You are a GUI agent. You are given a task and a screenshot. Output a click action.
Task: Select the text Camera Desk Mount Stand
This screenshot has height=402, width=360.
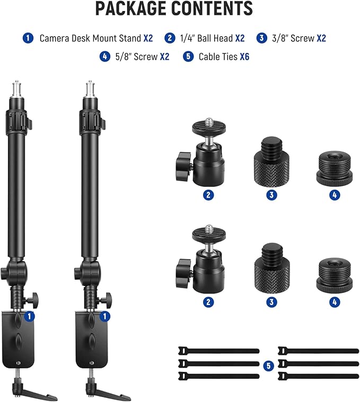point(90,39)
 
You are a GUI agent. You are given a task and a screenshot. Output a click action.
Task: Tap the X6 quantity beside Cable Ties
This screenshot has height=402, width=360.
point(244,56)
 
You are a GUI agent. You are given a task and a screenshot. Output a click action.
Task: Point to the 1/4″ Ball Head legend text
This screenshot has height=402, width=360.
point(204,39)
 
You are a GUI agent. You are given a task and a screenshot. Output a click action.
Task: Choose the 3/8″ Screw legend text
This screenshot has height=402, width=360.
point(292,39)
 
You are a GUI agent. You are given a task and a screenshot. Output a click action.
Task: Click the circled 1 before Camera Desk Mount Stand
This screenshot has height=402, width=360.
point(28,39)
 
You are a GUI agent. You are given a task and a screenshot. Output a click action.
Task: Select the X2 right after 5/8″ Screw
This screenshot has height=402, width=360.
point(164,56)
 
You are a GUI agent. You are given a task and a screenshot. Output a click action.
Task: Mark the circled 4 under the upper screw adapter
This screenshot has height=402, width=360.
point(334,195)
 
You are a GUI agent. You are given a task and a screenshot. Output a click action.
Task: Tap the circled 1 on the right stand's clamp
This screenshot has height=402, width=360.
point(106,316)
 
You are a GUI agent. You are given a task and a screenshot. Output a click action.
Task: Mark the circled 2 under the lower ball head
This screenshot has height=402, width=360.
point(209,302)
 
